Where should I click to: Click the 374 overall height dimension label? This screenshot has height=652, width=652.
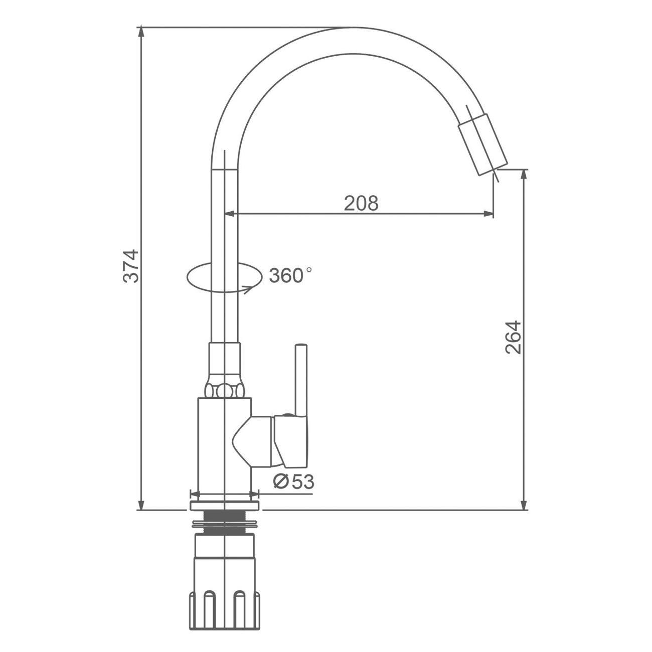pyautogui.click(x=131, y=266)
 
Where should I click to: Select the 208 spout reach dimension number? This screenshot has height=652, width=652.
pyautogui.click(x=361, y=203)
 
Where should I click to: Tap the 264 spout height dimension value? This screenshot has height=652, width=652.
pyautogui.click(x=513, y=338)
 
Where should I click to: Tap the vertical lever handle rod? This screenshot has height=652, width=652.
pyautogui.click(x=301, y=380)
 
